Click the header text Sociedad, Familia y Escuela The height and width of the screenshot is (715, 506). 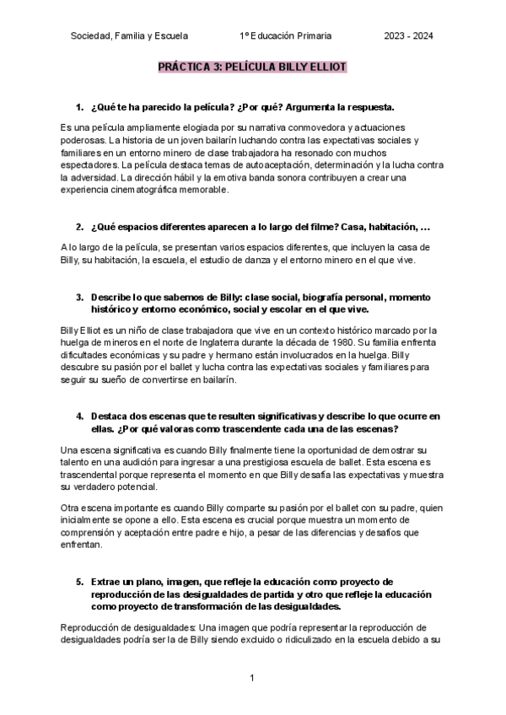pyautogui.click(x=129, y=35)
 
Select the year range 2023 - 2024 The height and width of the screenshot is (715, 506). pyautogui.click(x=409, y=35)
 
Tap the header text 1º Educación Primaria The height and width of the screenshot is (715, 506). pyautogui.click(x=286, y=35)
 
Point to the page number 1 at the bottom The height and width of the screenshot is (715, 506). pyautogui.click(x=253, y=679)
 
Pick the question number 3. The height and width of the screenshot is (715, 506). pyautogui.click(x=78, y=298)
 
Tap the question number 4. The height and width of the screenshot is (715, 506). pyautogui.click(x=78, y=417)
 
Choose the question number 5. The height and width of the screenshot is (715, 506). pyautogui.click(x=78, y=583)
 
